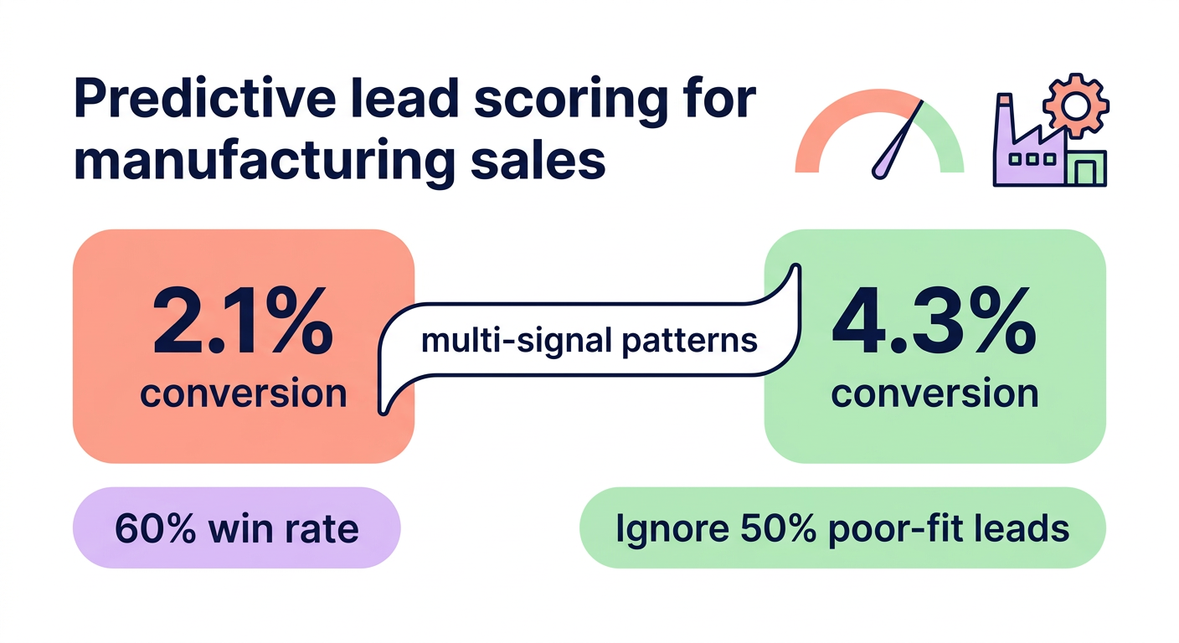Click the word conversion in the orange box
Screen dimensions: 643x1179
click(243, 393)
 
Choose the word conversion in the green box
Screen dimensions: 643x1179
click(934, 393)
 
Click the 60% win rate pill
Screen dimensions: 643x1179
click(237, 528)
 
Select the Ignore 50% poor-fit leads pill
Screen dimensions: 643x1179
click(842, 528)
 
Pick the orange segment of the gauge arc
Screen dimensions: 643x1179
click(829, 126)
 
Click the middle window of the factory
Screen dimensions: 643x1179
click(1027, 159)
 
